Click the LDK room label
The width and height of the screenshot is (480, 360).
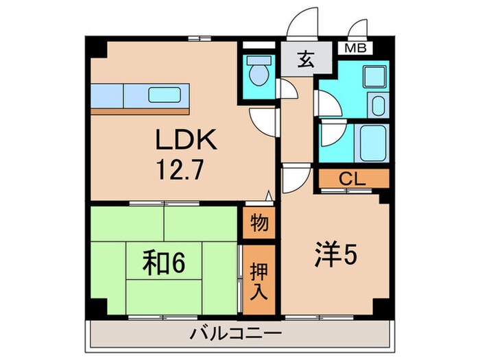point(185,142)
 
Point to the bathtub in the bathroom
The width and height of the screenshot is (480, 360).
point(365,143)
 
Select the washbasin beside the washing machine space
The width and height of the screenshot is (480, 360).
point(376,106)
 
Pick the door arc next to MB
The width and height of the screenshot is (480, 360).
point(357,32)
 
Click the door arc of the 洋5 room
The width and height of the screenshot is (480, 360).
point(293,182)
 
